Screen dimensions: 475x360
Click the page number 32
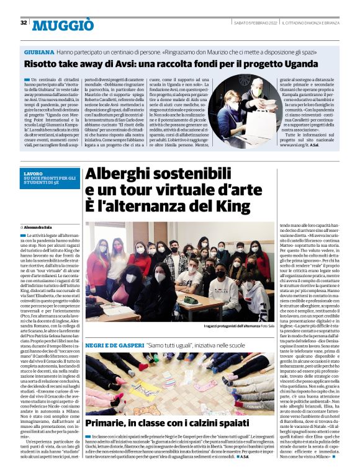click(x=23, y=23)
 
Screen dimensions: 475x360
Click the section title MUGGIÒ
click(x=63, y=25)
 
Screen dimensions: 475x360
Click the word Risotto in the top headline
click(x=41, y=64)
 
